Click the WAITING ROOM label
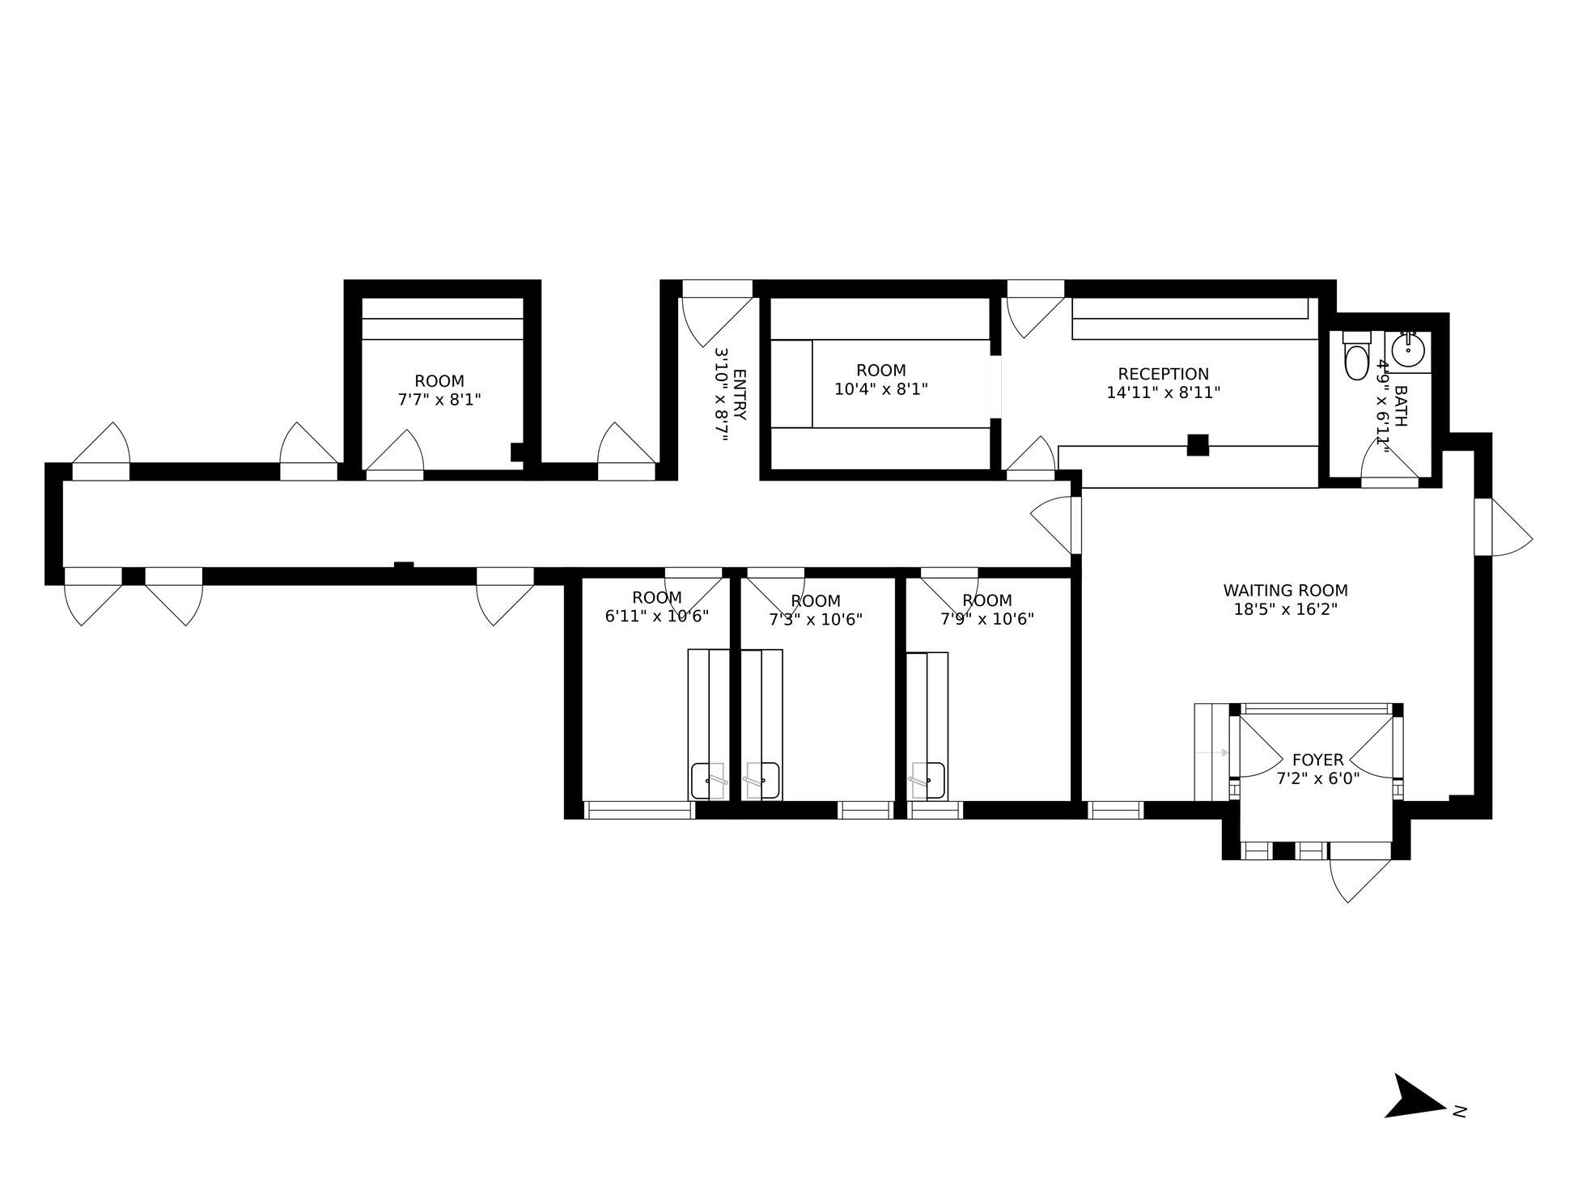point(1285,591)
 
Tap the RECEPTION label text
point(1163,374)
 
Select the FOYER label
point(1317,760)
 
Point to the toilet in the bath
point(1355,360)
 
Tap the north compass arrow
point(1415,1098)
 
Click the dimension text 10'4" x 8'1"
point(880,389)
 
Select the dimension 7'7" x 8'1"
point(439,399)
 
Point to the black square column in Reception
point(1198,445)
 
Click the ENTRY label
point(740,395)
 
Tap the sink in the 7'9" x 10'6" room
point(928,780)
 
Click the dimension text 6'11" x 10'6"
point(656,616)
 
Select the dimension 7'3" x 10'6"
point(815,620)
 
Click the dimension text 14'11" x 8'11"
point(1163,392)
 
